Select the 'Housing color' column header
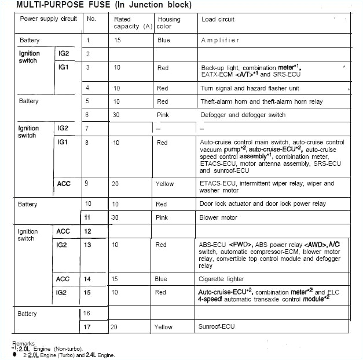tap(168, 23)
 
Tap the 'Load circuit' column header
tap(218, 19)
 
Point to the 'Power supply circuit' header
tap(48, 19)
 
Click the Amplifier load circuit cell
tap(220, 40)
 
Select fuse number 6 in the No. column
tap(88, 115)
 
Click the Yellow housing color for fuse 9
tap(164, 184)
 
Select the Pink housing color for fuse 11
tap(162, 217)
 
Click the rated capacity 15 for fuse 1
tap(118, 40)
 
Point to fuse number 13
tap(88, 245)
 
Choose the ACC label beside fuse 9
tap(64, 184)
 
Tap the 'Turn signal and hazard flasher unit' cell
tap(250, 88)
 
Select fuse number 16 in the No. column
tap(88, 314)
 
